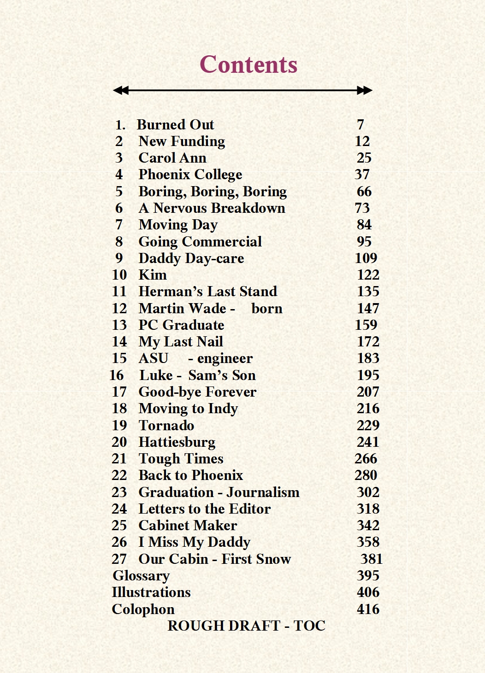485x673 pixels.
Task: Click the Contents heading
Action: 248,64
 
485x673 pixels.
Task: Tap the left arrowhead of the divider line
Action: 120,90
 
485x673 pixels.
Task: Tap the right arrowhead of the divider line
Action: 365,90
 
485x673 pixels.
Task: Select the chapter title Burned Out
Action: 175,125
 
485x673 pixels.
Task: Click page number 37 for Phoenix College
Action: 362,175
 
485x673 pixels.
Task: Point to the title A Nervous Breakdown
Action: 212,208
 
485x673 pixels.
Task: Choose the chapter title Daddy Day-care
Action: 191,258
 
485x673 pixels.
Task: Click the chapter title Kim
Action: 153,275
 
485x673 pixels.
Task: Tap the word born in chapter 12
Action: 267,309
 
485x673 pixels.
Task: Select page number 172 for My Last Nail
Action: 368,342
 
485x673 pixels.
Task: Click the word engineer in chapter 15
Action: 225,358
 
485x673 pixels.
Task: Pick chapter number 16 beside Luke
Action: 117,375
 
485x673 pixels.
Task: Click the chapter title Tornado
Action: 166,425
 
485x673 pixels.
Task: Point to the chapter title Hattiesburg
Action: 177,442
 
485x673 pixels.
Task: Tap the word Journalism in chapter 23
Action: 263,492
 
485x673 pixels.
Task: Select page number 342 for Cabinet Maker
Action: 368,526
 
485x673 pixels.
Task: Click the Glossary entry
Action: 141,576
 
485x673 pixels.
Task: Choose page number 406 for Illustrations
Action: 368,592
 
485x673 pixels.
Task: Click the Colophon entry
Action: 143,609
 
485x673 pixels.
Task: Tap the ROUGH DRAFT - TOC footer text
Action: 246,626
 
